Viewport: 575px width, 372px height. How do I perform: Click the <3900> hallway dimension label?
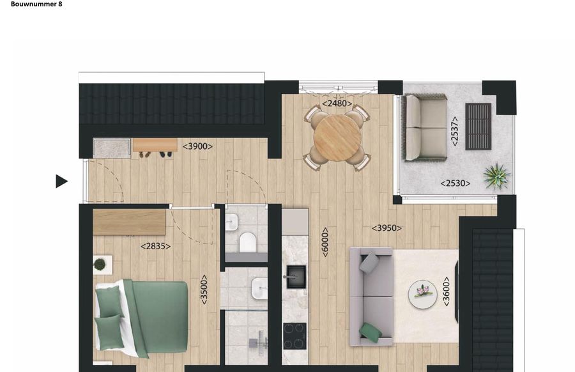click(197, 146)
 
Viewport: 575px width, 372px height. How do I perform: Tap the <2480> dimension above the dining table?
click(336, 103)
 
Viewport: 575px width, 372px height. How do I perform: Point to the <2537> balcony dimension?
click(455, 131)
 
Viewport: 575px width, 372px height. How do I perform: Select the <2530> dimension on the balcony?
click(455, 183)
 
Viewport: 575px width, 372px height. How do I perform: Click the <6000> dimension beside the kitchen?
click(325, 242)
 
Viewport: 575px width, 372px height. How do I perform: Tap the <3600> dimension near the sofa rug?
click(446, 291)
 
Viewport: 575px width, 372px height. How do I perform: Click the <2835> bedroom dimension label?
click(155, 245)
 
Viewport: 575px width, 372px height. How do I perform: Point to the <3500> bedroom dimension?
click(204, 289)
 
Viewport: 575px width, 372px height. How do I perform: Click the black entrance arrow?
click(61, 182)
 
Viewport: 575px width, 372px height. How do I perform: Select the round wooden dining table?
click(337, 137)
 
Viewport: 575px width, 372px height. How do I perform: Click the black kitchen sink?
click(296, 277)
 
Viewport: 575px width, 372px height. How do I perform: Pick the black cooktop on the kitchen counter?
click(295, 335)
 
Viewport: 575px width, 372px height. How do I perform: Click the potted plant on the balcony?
click(496, 175)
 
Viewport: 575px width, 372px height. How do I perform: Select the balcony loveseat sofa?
click(425, 127)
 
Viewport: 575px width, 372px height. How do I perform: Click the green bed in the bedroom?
click(143, 317)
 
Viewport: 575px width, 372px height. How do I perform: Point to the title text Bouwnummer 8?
click(36, 4)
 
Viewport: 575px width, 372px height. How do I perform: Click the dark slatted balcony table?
click(478, 126)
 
